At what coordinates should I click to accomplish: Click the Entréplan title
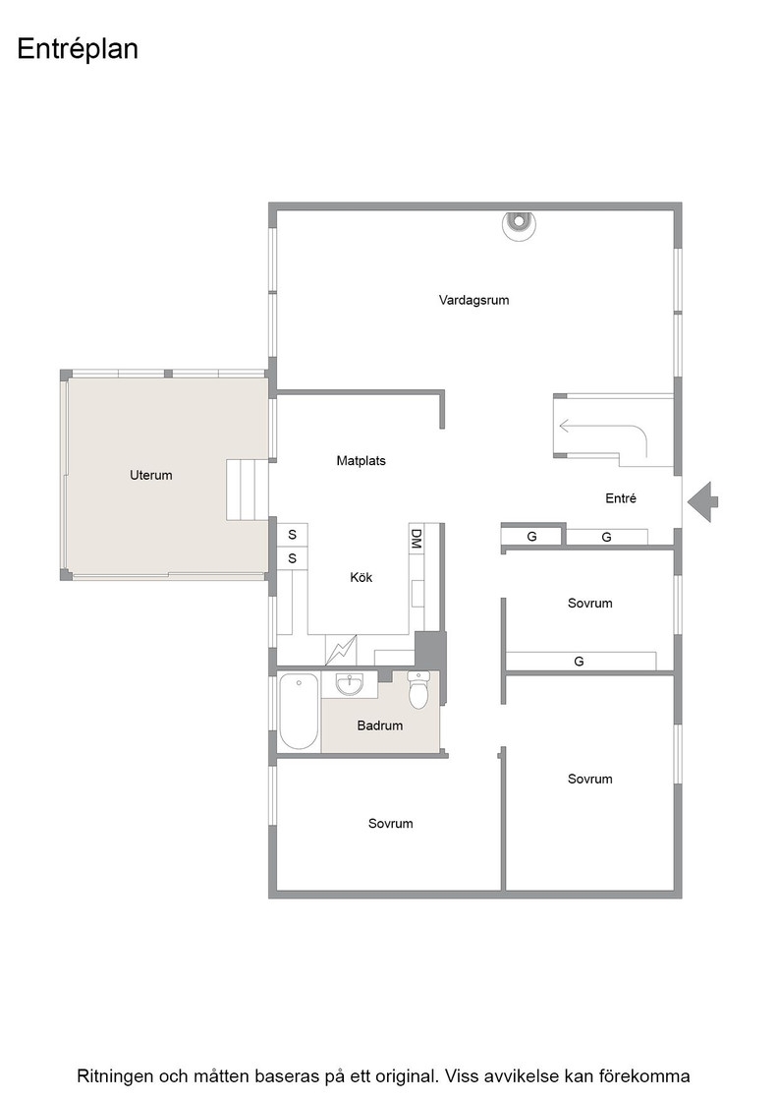pyautogui.click(x=78, y=50)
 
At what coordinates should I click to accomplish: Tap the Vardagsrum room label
pyautogui.click(x=473, y=301)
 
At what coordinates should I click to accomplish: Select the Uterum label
pyautogui.click(x=151, y=476)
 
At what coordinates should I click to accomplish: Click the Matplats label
pyautogui.click(x=361, y=461)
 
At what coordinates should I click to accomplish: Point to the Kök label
pyautogui.click(x=361, y=578)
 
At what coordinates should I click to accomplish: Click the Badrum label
pyautogui.click(x=379, y=726)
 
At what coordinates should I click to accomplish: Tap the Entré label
pyautogui.click(x=621, y=498)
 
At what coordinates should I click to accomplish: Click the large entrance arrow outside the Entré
pyautogui.click(x=702, y=502)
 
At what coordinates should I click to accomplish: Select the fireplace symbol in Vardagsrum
pyautogui.click(x=519, y=225)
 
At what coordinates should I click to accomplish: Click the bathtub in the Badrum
pyautogui.click(x=299, y=712)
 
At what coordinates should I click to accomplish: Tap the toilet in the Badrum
pyautogui.click(x=418, y=689)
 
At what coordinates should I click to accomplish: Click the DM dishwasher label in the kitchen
pyautogui.click(x=416, y=539)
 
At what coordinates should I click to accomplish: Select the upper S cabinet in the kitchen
pyautogui.click(x=293, y=535)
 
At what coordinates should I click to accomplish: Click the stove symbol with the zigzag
pyautogui.click(x=341, y=650)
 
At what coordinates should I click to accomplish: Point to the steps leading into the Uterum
pyautogui.click(x=248, y=491)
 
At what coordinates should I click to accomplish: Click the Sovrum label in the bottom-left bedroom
pyautogui.click(x=391, y=824)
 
